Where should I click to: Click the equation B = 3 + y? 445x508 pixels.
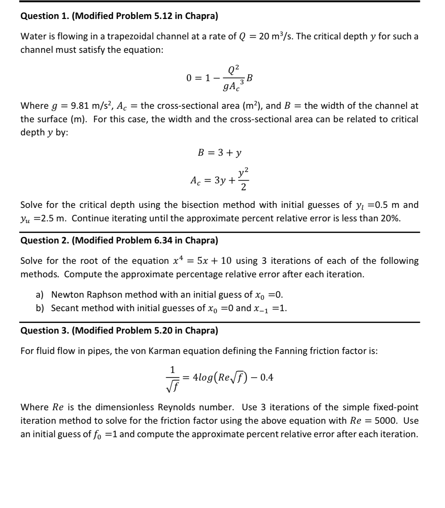219,153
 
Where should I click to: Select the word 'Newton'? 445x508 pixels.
68,295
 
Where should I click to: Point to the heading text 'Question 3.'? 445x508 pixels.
45,330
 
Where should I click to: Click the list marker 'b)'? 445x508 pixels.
40,308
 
